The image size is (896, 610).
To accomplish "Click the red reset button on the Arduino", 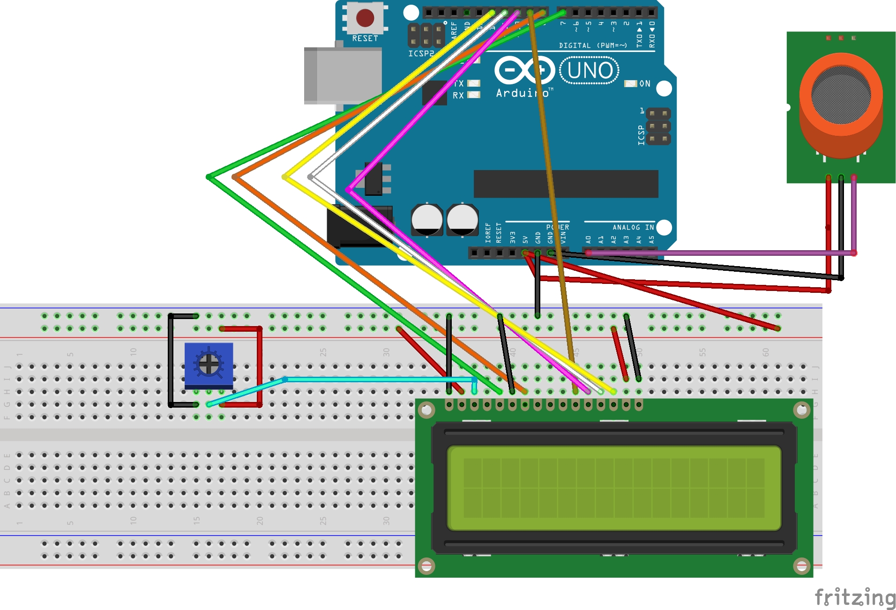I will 365,18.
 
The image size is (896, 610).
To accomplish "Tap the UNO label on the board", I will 590,70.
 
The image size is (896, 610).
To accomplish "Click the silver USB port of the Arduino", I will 337,75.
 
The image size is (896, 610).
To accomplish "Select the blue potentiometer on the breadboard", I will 209,365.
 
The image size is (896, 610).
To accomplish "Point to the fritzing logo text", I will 855,597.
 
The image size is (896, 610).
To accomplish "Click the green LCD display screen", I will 614,488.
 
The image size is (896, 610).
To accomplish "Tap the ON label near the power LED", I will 645,84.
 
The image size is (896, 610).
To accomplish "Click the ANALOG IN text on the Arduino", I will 633,227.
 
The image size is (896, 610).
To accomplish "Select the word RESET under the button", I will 365,38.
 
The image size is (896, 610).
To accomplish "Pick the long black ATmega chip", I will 566,184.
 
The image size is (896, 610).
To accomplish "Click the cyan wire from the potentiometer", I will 375,379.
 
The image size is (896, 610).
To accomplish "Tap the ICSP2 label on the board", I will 421,53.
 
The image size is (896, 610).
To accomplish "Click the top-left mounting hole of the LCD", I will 426,411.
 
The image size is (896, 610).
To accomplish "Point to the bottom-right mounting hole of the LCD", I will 801,566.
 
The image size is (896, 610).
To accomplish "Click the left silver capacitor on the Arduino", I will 426,219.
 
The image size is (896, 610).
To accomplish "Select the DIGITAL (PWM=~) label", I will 592,45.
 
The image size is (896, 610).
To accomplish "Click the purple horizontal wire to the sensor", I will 722,253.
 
